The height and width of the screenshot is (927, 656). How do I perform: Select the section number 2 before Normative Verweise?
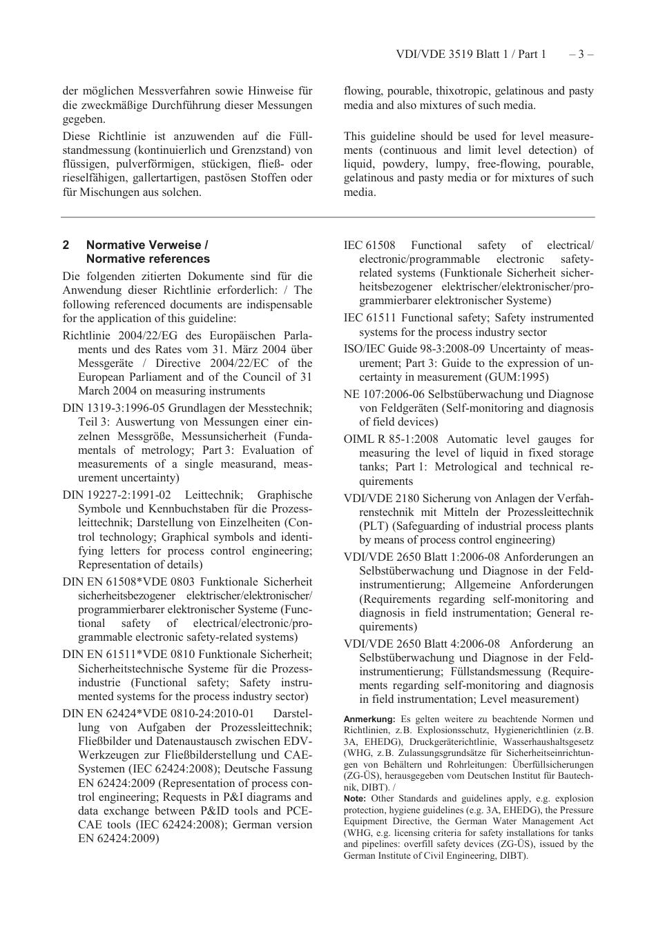(x=66, y=245)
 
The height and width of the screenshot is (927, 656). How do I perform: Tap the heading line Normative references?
(x=148, y=259)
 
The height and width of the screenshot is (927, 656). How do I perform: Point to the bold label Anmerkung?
(x=369, y=719)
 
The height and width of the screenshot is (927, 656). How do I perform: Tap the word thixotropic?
(x=463, y=91)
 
